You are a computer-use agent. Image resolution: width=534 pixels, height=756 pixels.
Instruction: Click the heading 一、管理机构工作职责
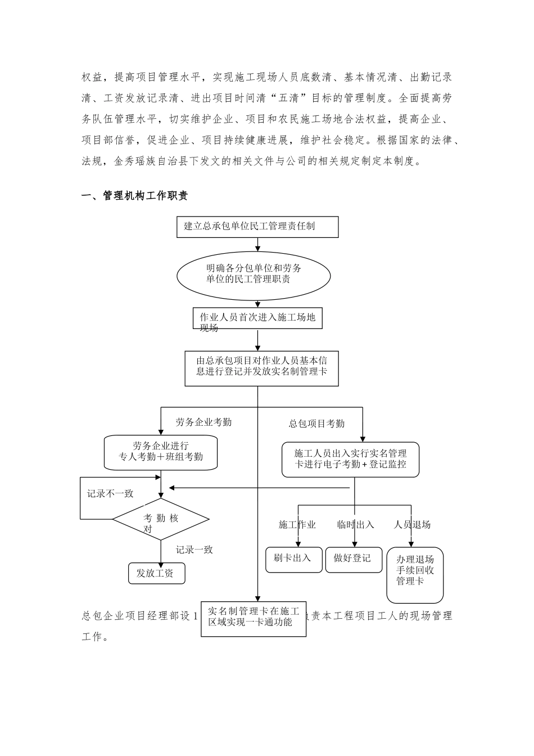pos(135,196)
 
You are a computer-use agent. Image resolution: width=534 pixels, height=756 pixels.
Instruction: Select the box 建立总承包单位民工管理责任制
pos(257,227)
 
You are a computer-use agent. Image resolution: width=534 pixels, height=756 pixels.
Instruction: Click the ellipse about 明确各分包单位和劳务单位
pos(254,273)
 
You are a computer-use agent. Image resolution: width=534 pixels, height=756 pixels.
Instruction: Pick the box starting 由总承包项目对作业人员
pos(261,368)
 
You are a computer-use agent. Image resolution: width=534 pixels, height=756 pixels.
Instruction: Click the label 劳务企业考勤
pos(203,422)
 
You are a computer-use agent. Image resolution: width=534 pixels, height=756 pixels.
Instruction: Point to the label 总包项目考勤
pos(316,424)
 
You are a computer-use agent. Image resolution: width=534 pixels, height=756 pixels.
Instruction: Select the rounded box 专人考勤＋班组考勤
pos(161,452)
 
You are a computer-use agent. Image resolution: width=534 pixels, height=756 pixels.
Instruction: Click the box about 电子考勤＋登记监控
pos(350,459)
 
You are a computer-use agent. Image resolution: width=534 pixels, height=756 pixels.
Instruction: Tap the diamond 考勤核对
pos(161,519)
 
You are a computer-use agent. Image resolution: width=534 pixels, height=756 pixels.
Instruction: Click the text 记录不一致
pos(110,493)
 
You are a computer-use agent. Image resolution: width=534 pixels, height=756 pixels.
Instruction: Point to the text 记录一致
pos(194,550)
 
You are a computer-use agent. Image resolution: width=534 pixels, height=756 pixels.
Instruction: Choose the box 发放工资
pos(156,574)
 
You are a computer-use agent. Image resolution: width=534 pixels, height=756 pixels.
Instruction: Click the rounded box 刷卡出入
pos(293,560)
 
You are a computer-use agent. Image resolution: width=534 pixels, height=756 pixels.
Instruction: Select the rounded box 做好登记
pos(354,560)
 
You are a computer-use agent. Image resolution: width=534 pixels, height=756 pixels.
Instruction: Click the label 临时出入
pos(355,524)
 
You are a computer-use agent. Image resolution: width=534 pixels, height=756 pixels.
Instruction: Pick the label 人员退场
pos(413,524)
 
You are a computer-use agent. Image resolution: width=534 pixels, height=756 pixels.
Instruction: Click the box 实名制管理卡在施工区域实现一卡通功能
pos(254,617)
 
